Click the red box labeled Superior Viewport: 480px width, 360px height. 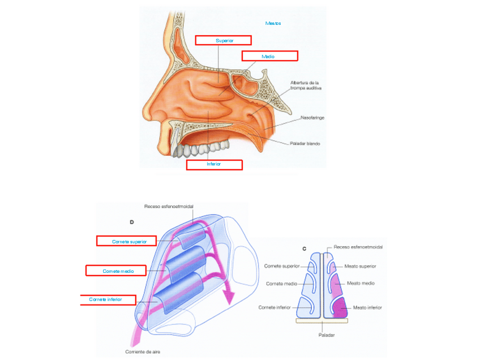click(x=223, y=40)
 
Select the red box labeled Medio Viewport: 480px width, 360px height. click(x=269, y=56)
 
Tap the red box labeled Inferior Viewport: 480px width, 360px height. click(x=214, y=165)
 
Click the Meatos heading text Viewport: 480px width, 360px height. click(x=273, y=23)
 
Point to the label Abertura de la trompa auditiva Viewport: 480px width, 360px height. click(x=308, y=85)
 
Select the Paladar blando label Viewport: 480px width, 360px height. click(x=306, y=144)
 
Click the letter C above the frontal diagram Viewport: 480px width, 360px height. click(x=304, y=248)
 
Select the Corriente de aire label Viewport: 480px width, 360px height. click(x=142, y=352)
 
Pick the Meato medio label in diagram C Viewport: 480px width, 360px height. click(x=361, y=283)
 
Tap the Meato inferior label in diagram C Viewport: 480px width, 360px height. click(x=367, y=307)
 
